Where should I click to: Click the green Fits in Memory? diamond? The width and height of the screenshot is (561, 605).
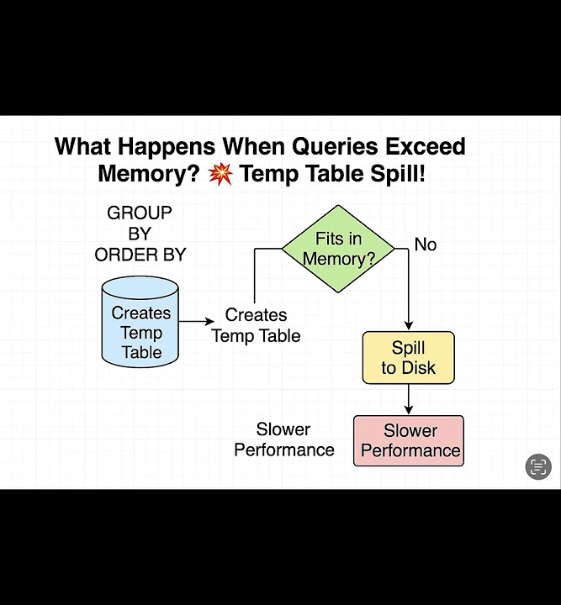338,249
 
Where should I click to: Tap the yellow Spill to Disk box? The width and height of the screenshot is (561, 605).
408,358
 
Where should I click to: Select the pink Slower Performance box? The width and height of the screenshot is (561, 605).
409,440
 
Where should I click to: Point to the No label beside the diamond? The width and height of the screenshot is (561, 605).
426,245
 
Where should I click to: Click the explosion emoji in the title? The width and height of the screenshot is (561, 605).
220,175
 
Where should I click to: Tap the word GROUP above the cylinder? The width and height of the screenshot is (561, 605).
140,213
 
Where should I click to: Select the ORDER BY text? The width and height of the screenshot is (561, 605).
140,255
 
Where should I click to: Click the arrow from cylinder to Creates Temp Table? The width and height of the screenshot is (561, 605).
197,321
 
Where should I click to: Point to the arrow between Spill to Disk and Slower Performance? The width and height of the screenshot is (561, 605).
408,399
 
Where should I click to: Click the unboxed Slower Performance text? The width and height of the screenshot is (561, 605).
283,439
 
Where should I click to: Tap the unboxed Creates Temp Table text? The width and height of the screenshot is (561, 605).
256,325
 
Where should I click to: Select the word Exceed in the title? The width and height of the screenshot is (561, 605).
426,147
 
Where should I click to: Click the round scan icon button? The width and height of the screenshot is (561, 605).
538,466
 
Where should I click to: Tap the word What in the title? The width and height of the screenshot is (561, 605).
82,147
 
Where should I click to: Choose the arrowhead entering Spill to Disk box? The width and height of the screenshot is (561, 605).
408,327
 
